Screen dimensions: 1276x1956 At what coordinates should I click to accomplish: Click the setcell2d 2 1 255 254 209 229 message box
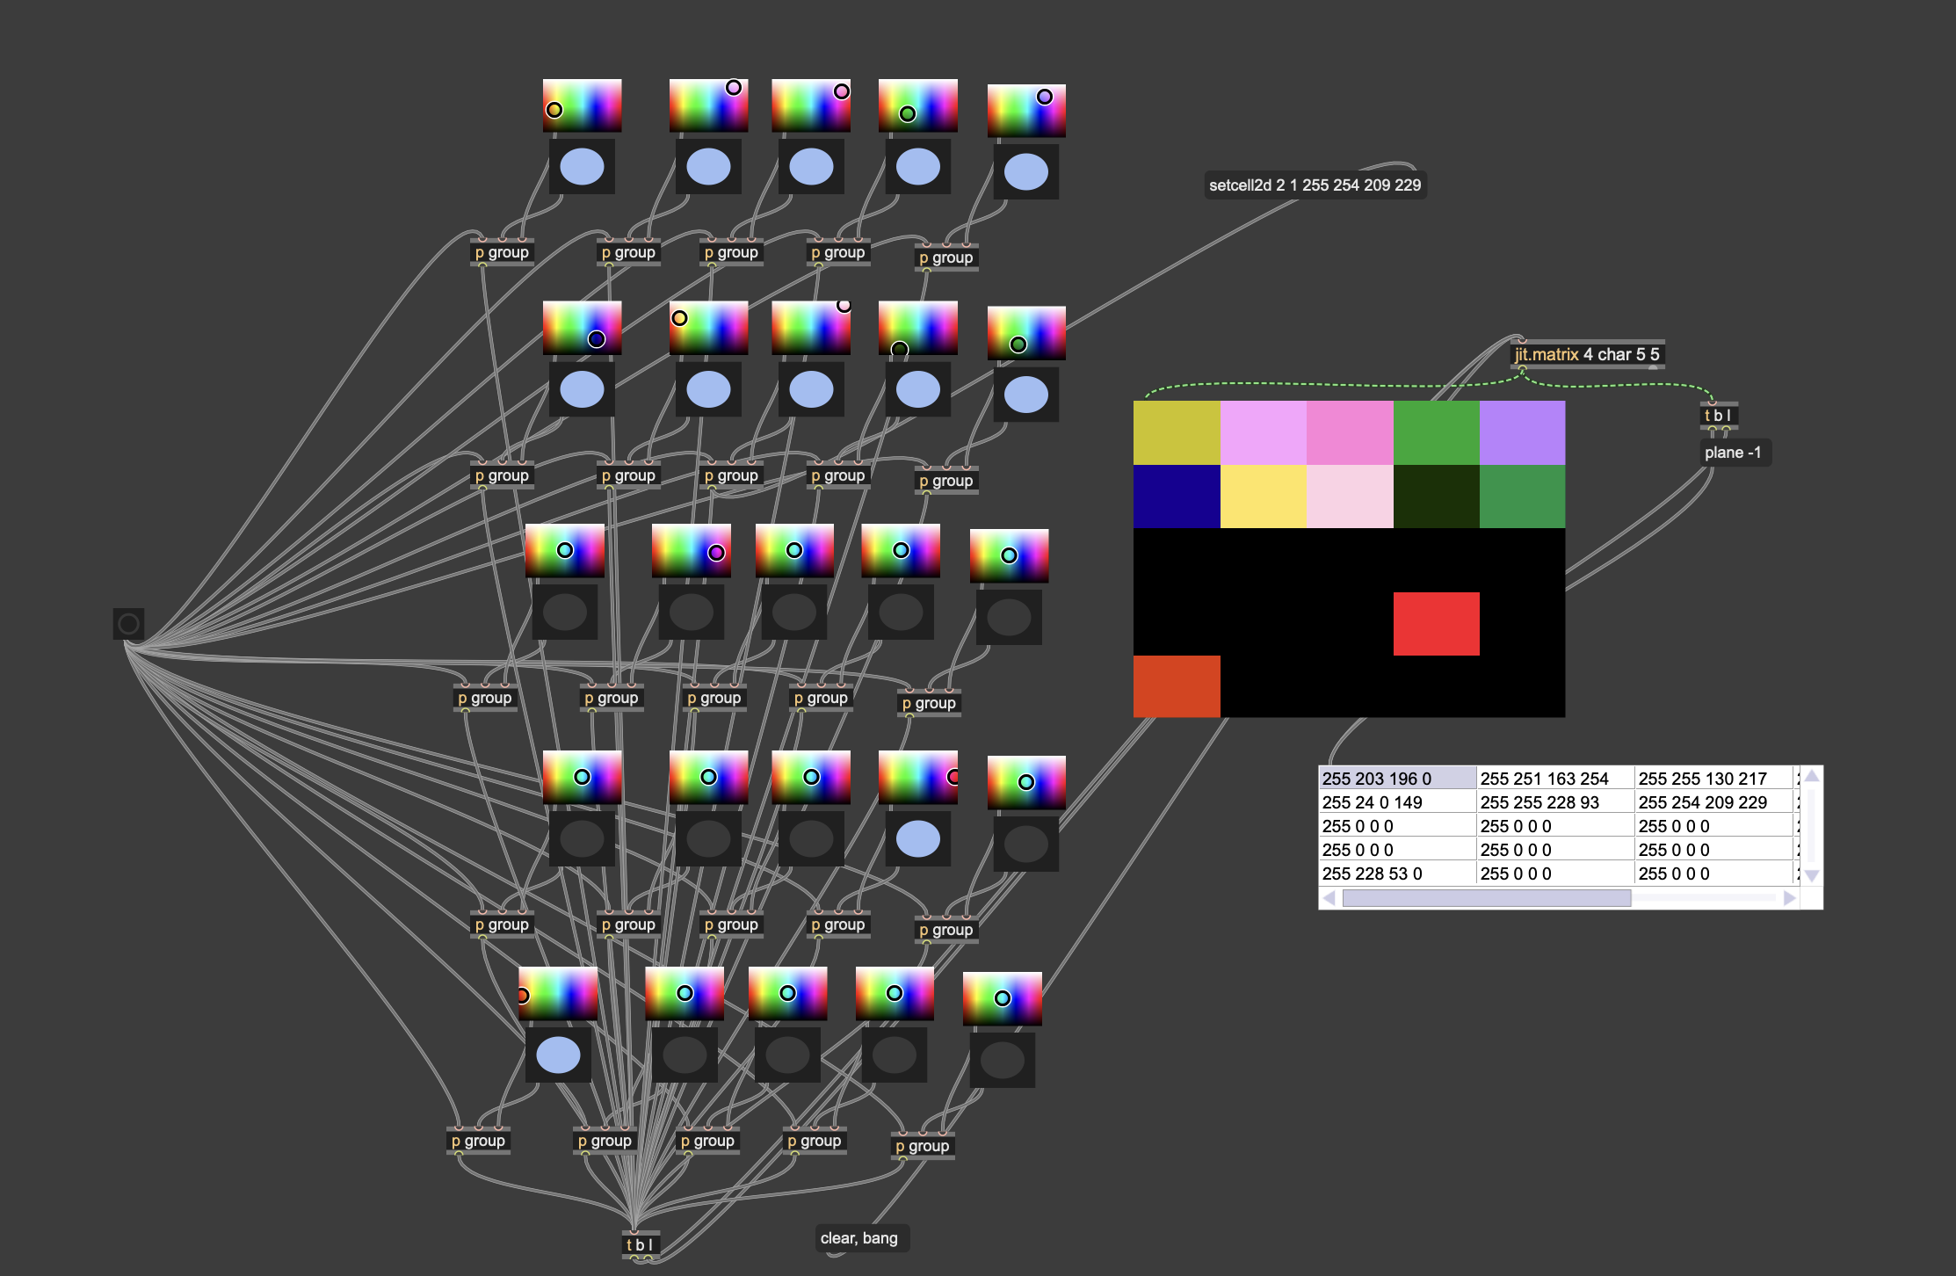[x=1315, y=185]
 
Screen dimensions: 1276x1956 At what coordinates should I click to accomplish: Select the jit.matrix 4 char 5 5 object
[x=1586, y=354]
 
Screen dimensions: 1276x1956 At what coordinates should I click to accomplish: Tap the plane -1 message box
[x=1732, y=453]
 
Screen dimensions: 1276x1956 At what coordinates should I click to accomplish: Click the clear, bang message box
[x=858, y=1238]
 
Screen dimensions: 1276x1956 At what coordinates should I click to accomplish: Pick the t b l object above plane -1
[x=1718, y=415]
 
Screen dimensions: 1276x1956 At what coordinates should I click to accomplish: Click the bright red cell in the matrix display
[x=1436, y=623]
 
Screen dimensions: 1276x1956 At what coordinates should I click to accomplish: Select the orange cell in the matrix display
[x=1176, y=686]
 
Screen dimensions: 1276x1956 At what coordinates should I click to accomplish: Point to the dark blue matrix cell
[x=1176, y=497]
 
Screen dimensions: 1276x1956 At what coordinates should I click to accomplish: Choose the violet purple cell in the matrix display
[x=1522, y=432]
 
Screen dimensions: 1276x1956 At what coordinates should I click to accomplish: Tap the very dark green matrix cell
[x=1436, y=497]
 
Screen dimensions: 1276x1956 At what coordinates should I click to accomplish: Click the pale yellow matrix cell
[x=1263, y=497]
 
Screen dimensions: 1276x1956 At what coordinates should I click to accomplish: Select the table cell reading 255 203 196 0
[x=1395, y=779]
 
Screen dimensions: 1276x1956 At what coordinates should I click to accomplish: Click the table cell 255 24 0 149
[x=1395, y=802]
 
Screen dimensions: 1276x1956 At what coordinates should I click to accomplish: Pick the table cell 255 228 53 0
[x=1395, y=874]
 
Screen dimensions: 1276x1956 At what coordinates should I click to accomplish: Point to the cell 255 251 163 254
[x=1554, y=779]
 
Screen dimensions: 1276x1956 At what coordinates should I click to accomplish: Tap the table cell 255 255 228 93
[x=1554, y=802]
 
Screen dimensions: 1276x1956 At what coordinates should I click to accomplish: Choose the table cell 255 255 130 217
[x=1712, y=779]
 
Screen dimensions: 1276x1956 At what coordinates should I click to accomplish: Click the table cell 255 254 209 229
[x=1712, y=802]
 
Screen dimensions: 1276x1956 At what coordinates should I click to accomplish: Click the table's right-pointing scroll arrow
[x=1789, y=898]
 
